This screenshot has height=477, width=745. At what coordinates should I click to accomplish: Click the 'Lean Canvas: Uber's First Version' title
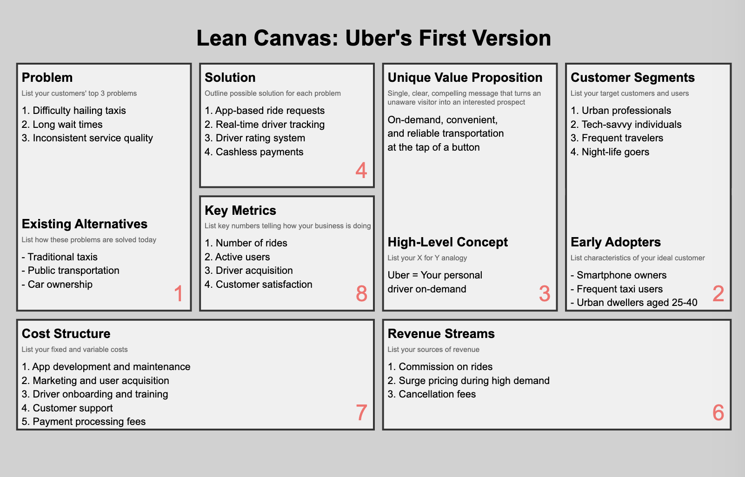pyautogui.click(x=373, y=38)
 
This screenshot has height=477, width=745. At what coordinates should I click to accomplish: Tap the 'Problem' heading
pyautogui.click(x=47, y=78)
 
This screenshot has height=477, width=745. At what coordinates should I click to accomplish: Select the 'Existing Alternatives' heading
pyautogui.click(x=85, y=224)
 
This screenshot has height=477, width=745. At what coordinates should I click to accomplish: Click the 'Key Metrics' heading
pyautogui.click(x=240, y=211)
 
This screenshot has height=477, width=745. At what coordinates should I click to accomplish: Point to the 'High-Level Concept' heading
pyautogui.click(x=448, y=242)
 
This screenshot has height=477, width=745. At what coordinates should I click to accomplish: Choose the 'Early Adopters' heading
pyautogui.click(x=616, y=242)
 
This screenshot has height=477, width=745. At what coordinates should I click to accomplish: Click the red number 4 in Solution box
pyautogui.click(x=361, y=171)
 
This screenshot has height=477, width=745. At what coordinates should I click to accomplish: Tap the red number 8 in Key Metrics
pyautogui.click(x=361, y=293)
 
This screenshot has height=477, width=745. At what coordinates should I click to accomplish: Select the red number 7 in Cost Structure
pyautogui.click(x=361, y=412)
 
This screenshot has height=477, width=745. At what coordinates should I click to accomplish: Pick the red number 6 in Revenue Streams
pyautogui.click(x=718, y=412)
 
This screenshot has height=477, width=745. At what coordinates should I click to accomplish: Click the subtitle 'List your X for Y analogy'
pyautogui.click(x=427, y=258)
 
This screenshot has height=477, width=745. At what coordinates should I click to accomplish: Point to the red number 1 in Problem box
pyautogui.click(x=179, y=293)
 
